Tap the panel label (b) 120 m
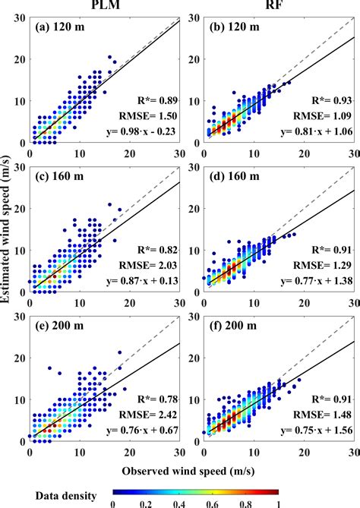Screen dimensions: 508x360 point(237,28)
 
